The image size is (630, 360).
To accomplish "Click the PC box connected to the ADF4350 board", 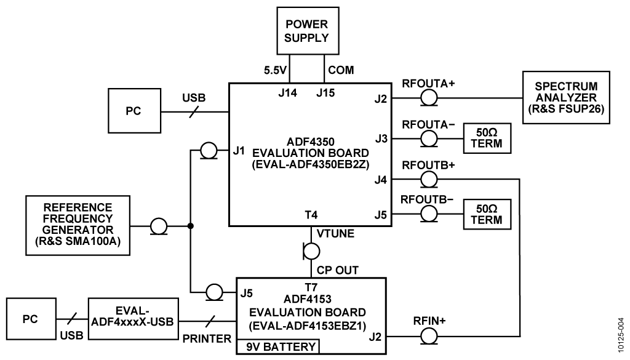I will [133, 111].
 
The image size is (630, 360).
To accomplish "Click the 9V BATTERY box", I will [280, 347].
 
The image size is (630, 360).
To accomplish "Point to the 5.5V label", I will [274, 70].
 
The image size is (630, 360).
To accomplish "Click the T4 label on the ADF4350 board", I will [311, 215].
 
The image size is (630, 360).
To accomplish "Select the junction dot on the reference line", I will [191, 226].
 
